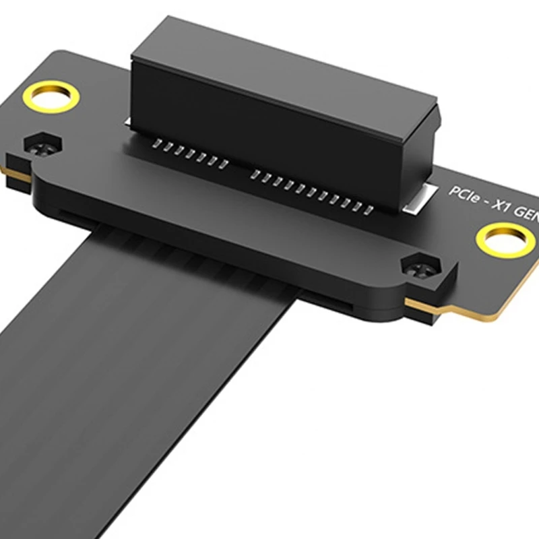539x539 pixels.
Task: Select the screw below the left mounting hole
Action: (42, 143)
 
